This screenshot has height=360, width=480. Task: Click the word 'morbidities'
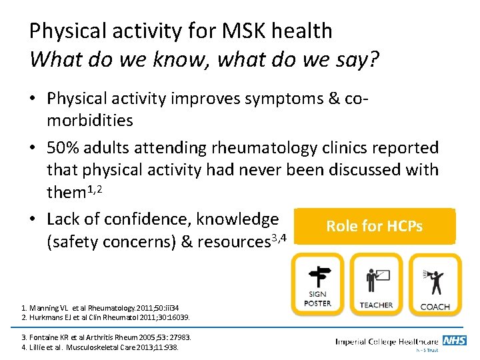[90, 121]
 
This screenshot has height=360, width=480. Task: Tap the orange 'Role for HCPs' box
[374, 226]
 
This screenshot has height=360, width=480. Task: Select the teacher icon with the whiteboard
[375, 278]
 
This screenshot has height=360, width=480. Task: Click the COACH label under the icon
[435, 307]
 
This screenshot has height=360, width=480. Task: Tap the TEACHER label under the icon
[376, 305]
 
